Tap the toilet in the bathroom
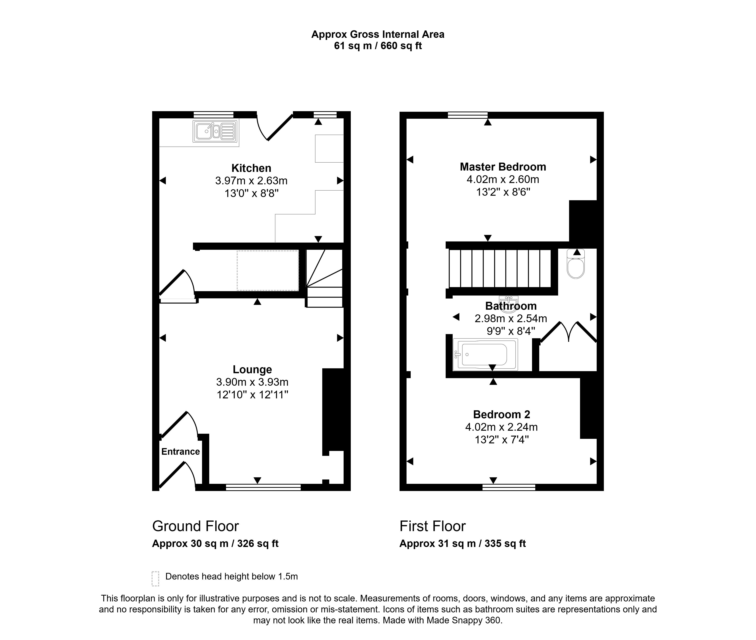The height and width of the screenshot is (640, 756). click(x=576, y=264)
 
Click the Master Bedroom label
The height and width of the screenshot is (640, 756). click(x=503, y=167)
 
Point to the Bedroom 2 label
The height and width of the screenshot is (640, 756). click(x=501, y=414)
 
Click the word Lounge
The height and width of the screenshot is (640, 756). click(x=252, y=369)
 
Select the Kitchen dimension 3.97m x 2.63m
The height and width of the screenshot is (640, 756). click(x=251, y=181)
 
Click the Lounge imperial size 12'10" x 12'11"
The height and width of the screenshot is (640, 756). click(x=252, y=394)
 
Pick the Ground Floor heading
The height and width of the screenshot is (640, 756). click(x=195, y=526)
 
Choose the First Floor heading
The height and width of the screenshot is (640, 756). click(x=433, y=526)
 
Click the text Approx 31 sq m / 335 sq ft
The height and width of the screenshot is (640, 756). click(x=463, y=544)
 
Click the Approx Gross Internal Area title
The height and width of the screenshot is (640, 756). click(x=378, y=34)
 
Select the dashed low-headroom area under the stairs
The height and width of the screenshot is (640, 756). click(x=268, y=270)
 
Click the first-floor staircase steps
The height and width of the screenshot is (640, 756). click(x=500, y=268)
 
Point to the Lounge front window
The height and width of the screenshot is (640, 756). click(x=263, y=487)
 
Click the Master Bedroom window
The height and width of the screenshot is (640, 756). click(x=468, y=115)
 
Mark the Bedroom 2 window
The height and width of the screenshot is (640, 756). click(x=509, y=487)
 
